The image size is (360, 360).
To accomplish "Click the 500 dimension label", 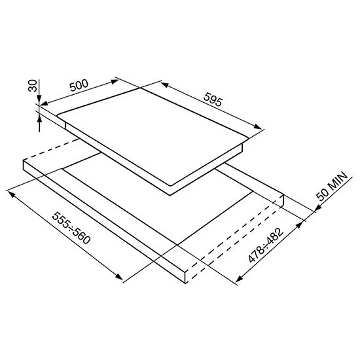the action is [79, 85].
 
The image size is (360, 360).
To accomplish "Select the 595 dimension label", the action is [213, 99].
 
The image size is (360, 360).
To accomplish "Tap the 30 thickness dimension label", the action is [33, 85].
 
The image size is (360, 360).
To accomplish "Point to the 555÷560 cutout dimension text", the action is [71, 228].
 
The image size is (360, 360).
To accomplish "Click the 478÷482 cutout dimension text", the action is [266, 245].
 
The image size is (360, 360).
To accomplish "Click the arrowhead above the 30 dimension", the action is [39, 101].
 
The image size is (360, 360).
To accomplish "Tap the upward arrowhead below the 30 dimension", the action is [39, 120].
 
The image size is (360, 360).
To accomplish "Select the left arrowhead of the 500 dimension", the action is [45, 103].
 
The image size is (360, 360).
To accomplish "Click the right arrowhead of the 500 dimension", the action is [115, 82].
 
